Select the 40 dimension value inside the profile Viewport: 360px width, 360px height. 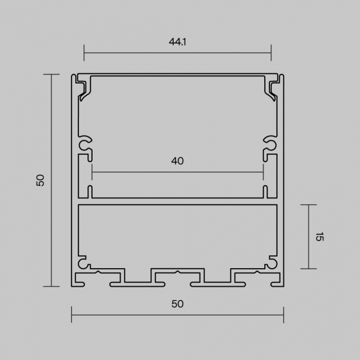(177, 161)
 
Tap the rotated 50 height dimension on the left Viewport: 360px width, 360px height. (40, 180)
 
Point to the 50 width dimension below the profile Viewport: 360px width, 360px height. (177, 303)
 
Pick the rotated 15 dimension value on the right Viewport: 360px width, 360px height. (319, 237)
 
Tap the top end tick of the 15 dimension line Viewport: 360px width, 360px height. (309, 205)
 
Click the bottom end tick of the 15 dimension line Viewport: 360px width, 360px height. (309, 268)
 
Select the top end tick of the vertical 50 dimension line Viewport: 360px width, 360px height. (52, 75)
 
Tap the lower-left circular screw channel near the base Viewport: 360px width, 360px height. (83, 263)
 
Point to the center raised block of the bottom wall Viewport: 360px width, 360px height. (177, 275)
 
